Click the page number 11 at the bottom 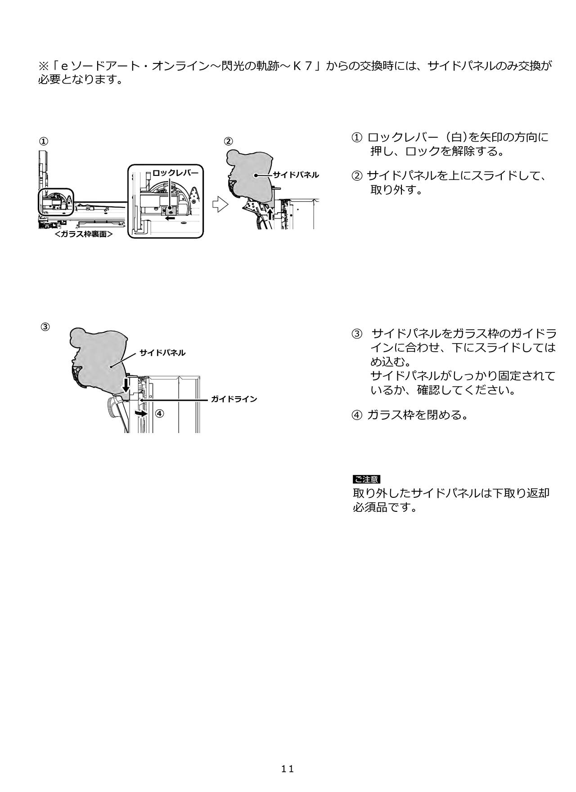[x=288, y=769]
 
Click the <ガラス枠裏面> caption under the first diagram [x=83, y=234]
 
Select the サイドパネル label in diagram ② [x=296, y=175]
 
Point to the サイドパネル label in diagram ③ [x=162, y=353]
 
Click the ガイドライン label [x=234, y=399]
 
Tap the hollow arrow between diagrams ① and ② [x=220, y=204]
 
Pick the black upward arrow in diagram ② [x=270, y=214]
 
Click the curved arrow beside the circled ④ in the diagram [x=141, y=413]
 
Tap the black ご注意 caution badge [x=366, y=479]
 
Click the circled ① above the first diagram [x=43, y=141]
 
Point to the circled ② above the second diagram [x=229, y=141]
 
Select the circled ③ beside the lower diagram [x=45, y=327]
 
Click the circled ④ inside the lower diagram [x=159, y=413]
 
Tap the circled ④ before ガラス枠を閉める [x=356, y=415]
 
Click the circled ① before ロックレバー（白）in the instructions [x=356, y=137]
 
